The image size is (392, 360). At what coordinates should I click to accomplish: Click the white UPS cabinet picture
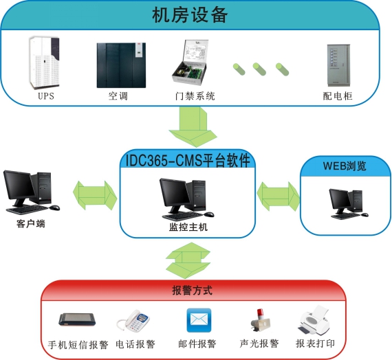coord(45,63)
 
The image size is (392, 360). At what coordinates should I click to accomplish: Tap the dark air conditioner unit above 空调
coord(121,65)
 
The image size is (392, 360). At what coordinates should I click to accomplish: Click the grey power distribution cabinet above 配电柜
coord(338,65)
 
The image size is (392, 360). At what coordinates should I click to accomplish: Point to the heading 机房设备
coord(190,15)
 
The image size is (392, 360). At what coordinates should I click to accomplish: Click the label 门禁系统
coord(195,96)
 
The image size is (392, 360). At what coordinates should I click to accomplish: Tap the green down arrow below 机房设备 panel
coord(193,127)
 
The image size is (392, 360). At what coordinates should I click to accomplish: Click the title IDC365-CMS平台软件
coord(188,161)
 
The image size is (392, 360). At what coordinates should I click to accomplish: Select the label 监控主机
coord(188,227)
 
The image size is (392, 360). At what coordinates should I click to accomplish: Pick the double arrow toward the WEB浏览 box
coord(278,196)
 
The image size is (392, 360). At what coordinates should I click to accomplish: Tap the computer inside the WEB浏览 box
coord(349,204)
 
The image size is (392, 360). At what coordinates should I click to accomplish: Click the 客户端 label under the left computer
coord(31,223)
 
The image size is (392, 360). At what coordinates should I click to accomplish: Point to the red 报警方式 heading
coord(193,291)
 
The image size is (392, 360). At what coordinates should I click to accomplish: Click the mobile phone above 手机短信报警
coord(77,319)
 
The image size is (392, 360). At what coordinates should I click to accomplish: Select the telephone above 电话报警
coord(133,320)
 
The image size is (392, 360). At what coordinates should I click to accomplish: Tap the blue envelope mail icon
coord(199,320)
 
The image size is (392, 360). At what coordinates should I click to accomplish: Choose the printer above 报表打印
coord(314,320)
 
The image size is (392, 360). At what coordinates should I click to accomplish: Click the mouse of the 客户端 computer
coord(54,207)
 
